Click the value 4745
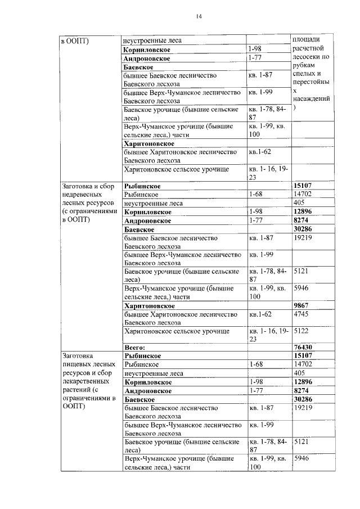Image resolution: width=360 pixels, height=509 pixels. [302, 314]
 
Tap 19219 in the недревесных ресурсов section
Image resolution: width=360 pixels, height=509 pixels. [303, 238]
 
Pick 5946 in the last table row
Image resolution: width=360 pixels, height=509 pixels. [302, 458]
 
